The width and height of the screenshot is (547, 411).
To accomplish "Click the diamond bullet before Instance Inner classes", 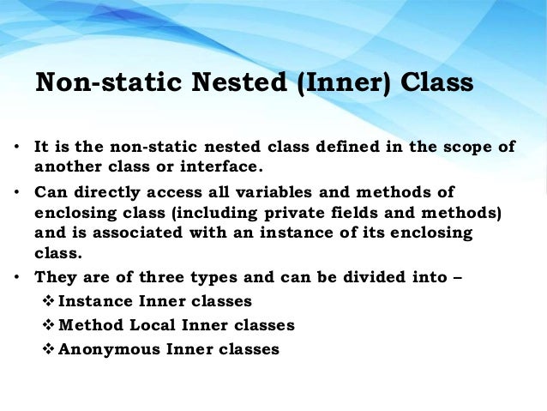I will (x=48, y=301).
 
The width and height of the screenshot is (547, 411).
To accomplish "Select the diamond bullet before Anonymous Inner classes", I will (x=48, y=349).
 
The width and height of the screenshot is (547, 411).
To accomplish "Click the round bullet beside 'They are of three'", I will (x=17, y=277).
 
